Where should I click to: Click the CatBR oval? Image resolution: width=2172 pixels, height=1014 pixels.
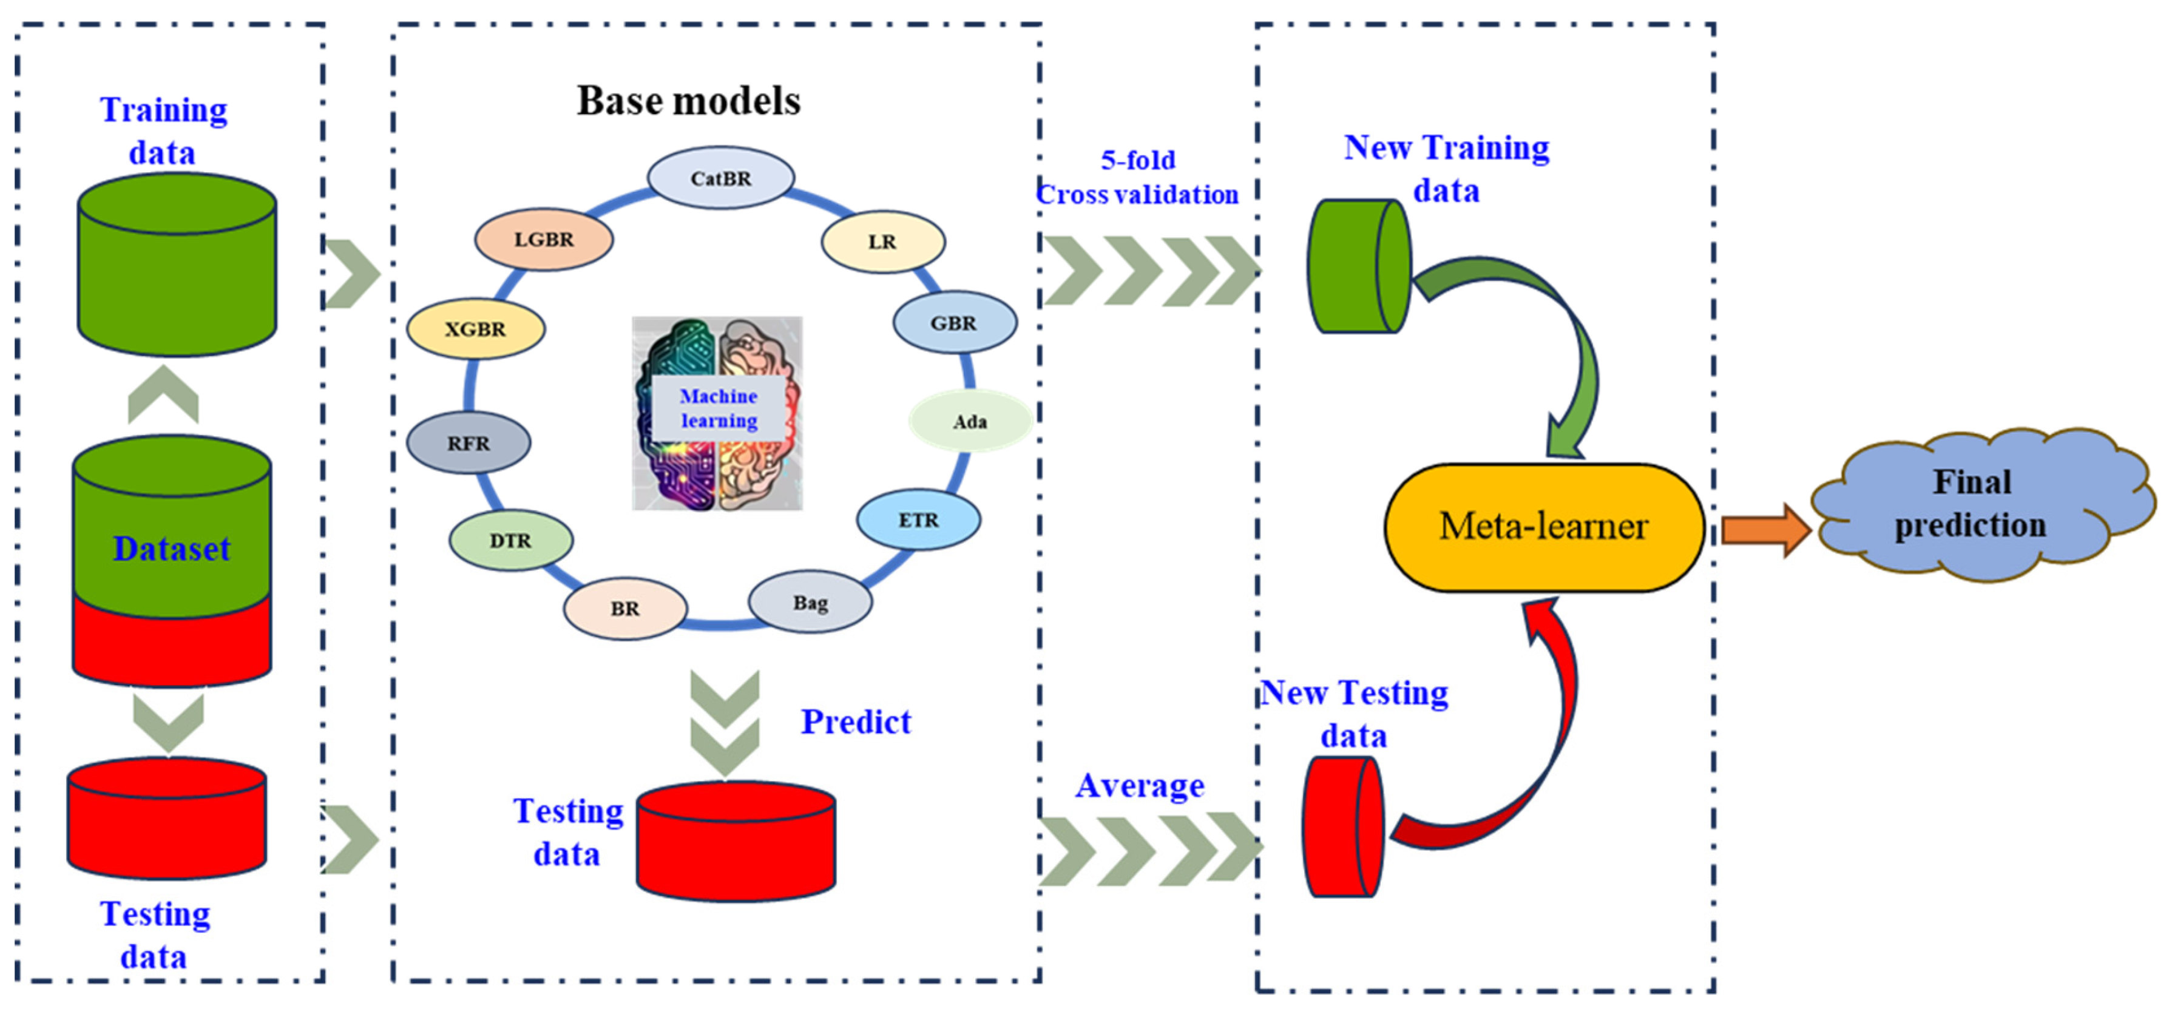(721, 178)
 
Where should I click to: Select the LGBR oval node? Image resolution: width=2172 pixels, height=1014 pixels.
(544, 239)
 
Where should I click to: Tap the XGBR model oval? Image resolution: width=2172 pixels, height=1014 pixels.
(476, 329)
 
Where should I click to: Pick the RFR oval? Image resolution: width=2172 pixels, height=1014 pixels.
(469, 442)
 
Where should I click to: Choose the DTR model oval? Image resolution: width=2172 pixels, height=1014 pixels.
(511, 540)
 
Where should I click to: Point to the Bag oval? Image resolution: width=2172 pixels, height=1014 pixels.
(810, 602)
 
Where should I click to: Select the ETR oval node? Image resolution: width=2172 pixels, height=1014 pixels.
(918, 520)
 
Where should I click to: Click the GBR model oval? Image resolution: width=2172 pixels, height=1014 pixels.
(955, 323)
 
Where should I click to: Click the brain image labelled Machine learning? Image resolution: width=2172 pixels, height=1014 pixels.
(717, 414)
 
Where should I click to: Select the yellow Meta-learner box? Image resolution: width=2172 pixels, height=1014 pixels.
(1544, 527)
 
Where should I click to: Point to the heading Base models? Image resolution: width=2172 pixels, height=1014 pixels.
(688, 100)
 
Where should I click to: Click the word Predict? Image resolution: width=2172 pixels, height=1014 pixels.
(856, 722)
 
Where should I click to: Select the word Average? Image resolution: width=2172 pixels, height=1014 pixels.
(1140, 786)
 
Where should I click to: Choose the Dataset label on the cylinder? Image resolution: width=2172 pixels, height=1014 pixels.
(171, 549)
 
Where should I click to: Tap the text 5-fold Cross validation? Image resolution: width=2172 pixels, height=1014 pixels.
(1137, 177)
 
